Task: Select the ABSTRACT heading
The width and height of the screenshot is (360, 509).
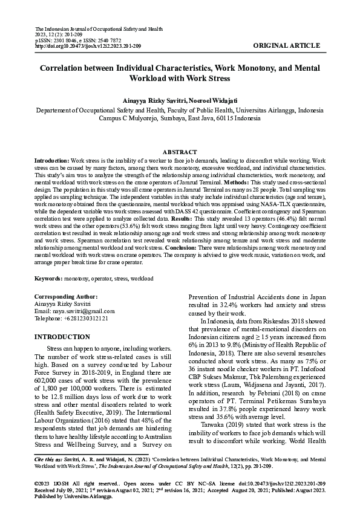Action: [180, 152]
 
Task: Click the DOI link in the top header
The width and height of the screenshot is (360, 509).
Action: [88, 46]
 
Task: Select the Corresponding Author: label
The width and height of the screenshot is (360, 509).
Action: [66, 296]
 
